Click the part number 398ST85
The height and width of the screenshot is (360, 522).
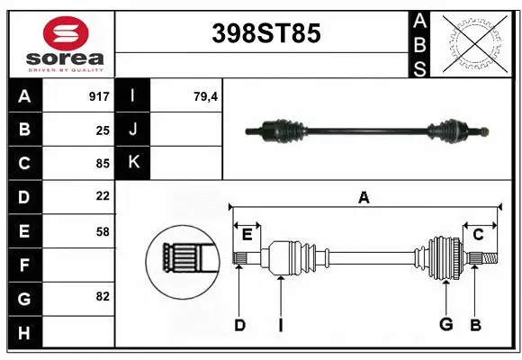[265, 33]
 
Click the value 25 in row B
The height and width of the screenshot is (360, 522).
[103, 130]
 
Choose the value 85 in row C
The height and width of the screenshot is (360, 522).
[103, 164]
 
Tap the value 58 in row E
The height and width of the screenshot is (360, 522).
[103, 231]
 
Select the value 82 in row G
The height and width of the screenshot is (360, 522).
[103, 297]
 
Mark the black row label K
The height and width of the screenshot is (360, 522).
[134, 163]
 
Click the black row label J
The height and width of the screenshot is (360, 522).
[134, 130]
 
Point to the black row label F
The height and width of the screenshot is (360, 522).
[24, 265]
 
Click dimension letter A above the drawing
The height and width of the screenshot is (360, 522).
[364, 197]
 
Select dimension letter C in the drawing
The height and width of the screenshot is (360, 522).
[478, 235]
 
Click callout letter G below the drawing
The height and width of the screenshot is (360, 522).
[445, 325]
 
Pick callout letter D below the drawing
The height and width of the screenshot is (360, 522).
[239, 325]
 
